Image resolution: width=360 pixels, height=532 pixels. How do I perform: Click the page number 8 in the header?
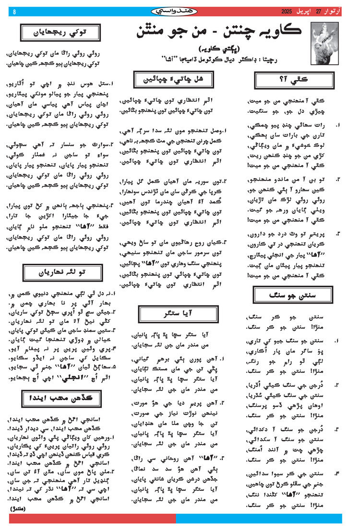(x=14, y=12)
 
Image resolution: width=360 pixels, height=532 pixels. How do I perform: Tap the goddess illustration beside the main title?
(x=326, y=34)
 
